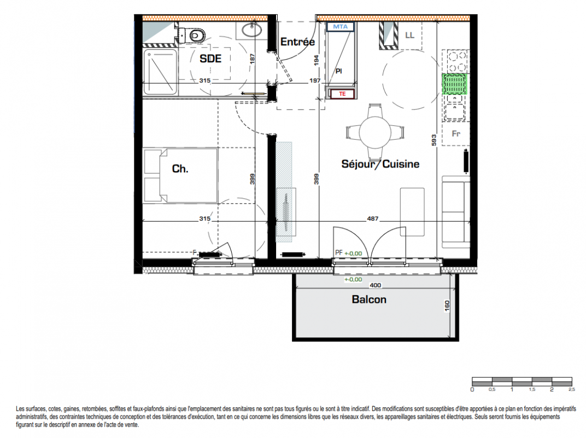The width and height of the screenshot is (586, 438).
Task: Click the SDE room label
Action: pyautogui.click(x=210, y=59)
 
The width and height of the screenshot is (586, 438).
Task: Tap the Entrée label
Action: pyautogui.click(x=297, y=42)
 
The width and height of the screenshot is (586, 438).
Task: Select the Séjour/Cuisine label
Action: pyautogui.click(x=380, y=164)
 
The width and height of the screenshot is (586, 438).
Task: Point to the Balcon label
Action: pyautogui.click(x=369, y=299)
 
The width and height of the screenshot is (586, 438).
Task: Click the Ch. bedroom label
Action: pyautogui.click(x=180, y=169)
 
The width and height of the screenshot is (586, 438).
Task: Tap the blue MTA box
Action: pyautogui.click(x=340, y=27)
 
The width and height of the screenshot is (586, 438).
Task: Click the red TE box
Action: pyautogui.click(x=342, y=94)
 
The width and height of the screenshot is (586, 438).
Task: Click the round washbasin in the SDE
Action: pyautogui.click(x=252, y=30)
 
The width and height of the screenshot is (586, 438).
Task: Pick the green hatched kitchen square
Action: pyautogui.click(x=454, y=84)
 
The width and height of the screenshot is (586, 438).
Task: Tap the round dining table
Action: pyautogui.click(x=375, y=132)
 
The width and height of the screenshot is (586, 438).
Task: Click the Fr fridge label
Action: pyautogui.click(x=455, y=134)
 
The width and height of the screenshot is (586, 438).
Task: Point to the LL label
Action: pyautogui.click(x=409, y=35)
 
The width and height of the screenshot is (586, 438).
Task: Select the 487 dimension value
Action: pyautogui.click(x=373, y=218)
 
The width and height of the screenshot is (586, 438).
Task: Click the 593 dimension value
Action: pyautogui.click(x=434, y=140)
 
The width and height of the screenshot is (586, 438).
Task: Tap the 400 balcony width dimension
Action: pyautogui.click(x=375, y=285)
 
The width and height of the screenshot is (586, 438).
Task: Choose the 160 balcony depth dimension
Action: pyautogui.click(x=447, y=306)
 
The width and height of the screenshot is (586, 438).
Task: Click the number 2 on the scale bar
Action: pyautogui.click(x=552, y=390)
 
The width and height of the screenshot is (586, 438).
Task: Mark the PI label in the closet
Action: pyautogui.click(x=338, y=71)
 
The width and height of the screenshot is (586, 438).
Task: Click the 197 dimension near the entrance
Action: pyautogui.click(x=315, y=80)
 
